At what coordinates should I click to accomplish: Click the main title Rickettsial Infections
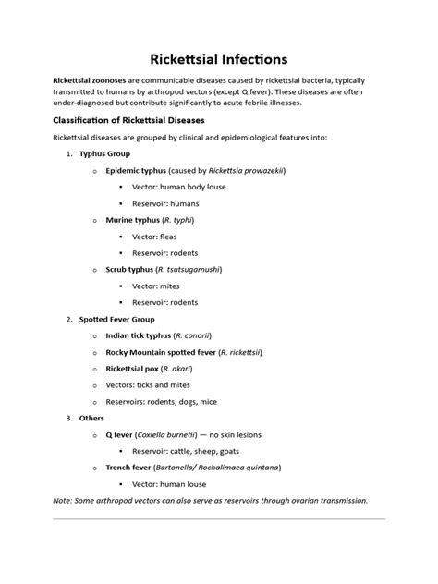(x=218, y=62)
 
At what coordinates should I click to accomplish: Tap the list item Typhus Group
(x=104, y=153)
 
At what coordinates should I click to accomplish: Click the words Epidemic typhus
(x=136, y=171)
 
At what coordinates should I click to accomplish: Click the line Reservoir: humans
(x=165, y=203)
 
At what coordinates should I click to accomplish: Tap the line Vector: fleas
(x=154, y=237)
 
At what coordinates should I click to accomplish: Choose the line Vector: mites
(x=155, y=286)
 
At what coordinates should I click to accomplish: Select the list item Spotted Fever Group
(x=117, y=319)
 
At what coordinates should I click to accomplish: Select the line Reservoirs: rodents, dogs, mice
(x=163, y=401)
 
